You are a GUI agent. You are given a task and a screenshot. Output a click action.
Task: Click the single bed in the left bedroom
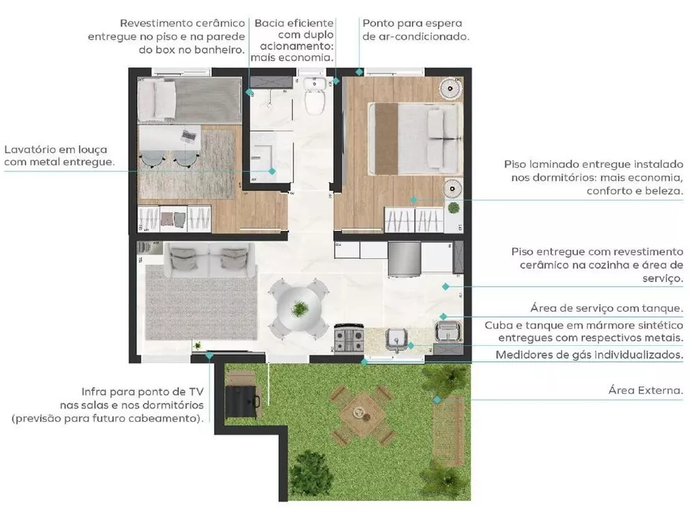click(188, 100)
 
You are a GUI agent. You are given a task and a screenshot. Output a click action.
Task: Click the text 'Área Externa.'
click(645, 391)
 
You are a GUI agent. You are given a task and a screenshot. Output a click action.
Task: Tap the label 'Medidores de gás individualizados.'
click(589, 355)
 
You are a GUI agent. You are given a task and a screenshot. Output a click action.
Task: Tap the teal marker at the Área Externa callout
click(437, 400)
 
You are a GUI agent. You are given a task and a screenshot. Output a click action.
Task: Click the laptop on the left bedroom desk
click(188, 134)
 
